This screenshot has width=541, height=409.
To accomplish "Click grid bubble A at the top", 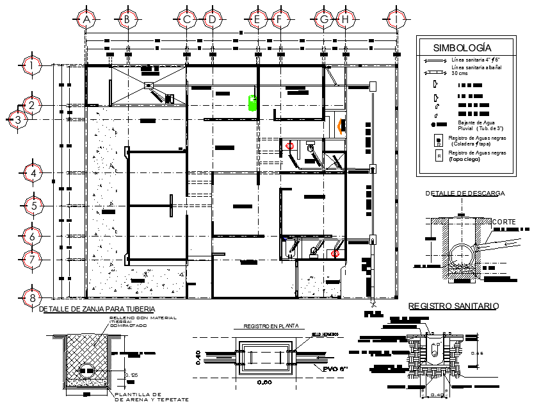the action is click(x=86, y=20).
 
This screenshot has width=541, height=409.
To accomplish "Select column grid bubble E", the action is click(x=257, y=20).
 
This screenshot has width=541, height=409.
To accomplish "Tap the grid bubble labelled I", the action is click(x=398, y=20).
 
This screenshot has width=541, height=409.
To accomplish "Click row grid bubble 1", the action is click(x=31, y=65).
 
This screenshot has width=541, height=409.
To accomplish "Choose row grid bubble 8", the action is click(x=31, y=297).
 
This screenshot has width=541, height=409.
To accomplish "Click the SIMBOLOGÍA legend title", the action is click(x=462, y=47).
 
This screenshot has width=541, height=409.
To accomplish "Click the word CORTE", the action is click(x=503, y=222).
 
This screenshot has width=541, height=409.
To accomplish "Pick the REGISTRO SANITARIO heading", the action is click(x=453, y=307).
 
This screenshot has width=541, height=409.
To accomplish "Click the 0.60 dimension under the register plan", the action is click(x=266, y=383).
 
